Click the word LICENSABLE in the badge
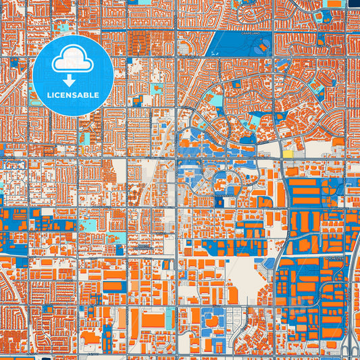click(x=73, y=95)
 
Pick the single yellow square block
click(x=288, y=154)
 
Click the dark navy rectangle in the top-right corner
click(x=353, y=3)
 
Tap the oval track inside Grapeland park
click(x=259, y=49)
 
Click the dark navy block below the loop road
click(x=220, y=201)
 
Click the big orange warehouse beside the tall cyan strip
click(x=154, y=320)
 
